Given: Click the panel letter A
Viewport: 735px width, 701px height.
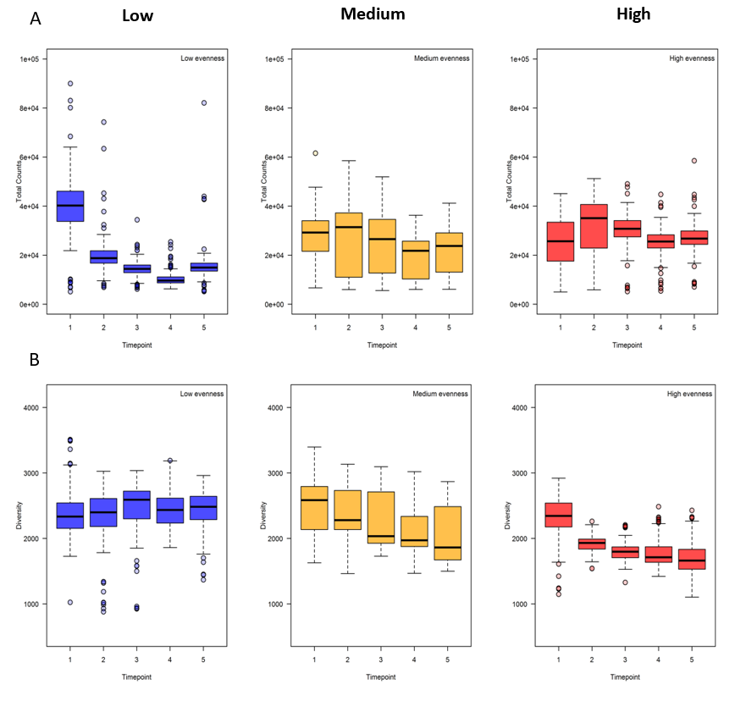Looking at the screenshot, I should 36,18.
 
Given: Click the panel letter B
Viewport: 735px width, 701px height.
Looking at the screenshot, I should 35,359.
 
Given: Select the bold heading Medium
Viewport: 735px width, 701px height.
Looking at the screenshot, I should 373,14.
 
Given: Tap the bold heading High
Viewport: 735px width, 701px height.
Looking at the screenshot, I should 633,14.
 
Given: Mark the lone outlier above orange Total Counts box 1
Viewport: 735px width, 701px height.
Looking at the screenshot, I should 314,153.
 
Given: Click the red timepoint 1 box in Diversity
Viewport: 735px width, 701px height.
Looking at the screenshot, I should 559,515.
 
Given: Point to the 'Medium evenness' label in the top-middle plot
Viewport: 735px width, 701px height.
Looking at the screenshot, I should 441,58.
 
